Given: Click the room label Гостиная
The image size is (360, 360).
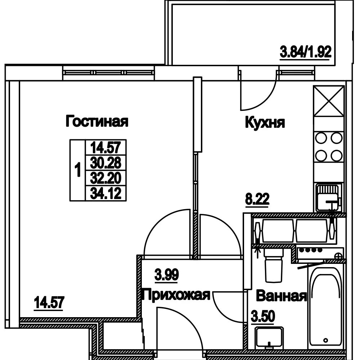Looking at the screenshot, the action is click(x=97, y=121).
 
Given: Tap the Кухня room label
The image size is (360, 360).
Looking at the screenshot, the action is click(x=265, y=122).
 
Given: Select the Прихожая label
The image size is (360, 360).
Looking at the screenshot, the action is click(x=176, y=295).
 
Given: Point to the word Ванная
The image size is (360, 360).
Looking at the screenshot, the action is click(x=281, y=296).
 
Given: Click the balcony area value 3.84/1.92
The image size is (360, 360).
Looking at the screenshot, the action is click(x=306, y=52).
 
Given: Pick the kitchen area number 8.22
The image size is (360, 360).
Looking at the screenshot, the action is click(x=257, y=199).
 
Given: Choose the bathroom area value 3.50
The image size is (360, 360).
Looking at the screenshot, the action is click(x=263, y=316).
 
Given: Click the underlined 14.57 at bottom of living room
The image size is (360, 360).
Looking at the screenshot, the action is click(x=49, y=303).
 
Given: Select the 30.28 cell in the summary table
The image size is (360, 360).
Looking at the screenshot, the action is click(x=105, y=163).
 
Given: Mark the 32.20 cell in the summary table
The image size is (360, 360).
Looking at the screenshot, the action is click(x=105, y=178).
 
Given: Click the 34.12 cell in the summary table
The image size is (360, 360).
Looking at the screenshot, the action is click(x=105, y=193).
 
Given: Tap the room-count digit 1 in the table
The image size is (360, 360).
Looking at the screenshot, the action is click(x=78, y=170).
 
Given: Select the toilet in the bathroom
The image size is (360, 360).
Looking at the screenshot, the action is click(x=273, y=266).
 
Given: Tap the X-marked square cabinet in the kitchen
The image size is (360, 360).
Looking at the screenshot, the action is click(x=329, y=101).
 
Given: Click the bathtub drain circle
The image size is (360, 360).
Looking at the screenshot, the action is click(x=325, y=340).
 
